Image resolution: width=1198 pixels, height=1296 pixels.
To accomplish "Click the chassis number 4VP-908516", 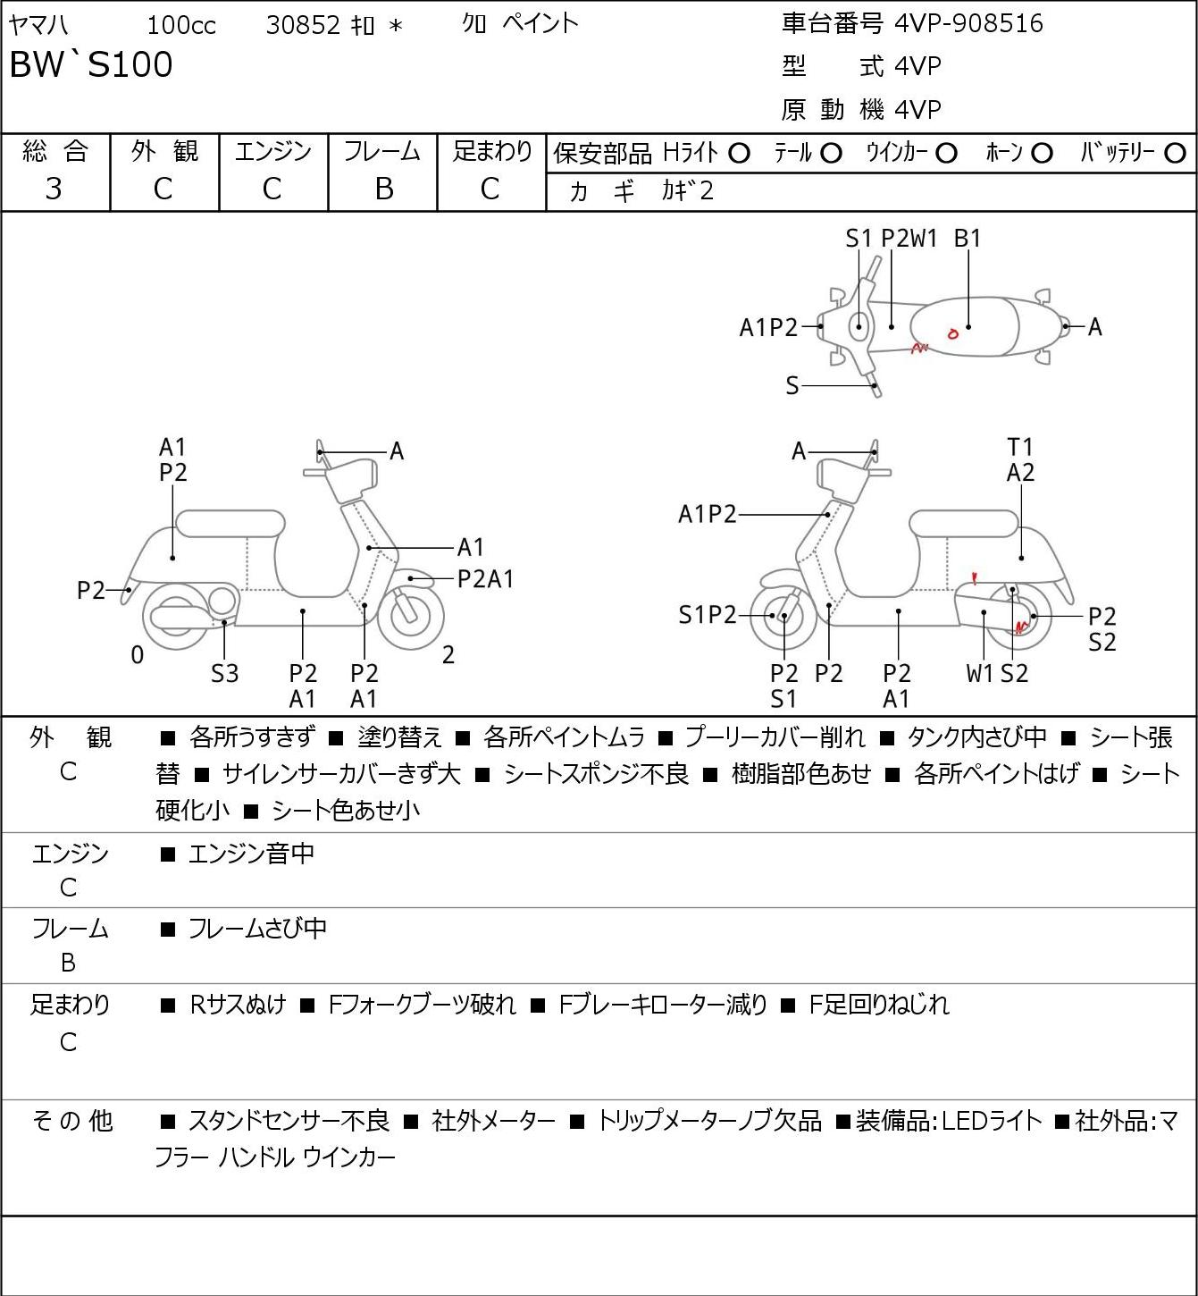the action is pyautogui.click(x=969, y=24).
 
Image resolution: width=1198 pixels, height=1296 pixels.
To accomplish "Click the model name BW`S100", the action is pyautogui.click(x=91, y=64).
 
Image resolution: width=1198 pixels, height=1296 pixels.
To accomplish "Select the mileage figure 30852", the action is pyautogui.click(x=304, y=25).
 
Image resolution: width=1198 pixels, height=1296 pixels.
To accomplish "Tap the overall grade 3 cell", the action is pyautogui.click(x=54, y=189).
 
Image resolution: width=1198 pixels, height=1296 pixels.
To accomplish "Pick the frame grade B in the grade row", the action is pyautogui.click(x=384, y=189).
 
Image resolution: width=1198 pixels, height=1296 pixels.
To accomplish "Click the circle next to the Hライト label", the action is pyautogui.click(x=739, y=154).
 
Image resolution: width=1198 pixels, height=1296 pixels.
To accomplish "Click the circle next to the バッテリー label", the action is pyautogui.click(x=1175, y=154).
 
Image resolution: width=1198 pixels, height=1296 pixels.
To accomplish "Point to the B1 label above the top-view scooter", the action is pyautogui.click(x=968, y=239).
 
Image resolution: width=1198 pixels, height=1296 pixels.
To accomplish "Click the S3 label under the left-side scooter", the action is pyautogui.click(x=224, y=673).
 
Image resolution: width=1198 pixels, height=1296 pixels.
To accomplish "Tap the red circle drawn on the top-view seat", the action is pyautogui.click(x=952, y=334).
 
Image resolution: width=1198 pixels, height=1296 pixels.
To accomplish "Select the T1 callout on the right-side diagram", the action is pyautogui.click(x=1020, y=448).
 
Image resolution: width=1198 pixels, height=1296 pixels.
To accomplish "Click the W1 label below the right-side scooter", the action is pyautogui.click(x=979, y=673).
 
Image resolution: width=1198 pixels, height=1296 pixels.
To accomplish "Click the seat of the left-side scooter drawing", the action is pyautogui.click(x=230, y=524).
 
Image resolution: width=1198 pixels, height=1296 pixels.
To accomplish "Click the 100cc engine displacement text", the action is pyautogui.click(x=181, y=25).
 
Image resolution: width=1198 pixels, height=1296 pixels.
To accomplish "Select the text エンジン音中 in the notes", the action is pyautogui.click(x=251, y=854).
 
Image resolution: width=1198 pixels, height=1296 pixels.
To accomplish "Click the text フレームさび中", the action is pyautogui.click(x=257, y=929).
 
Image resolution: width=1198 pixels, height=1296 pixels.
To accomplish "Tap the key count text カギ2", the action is pyautogui.click(x=688, y=191).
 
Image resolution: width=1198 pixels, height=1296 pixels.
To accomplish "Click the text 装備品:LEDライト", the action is pyautogui.click(x=949, y=1121).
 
